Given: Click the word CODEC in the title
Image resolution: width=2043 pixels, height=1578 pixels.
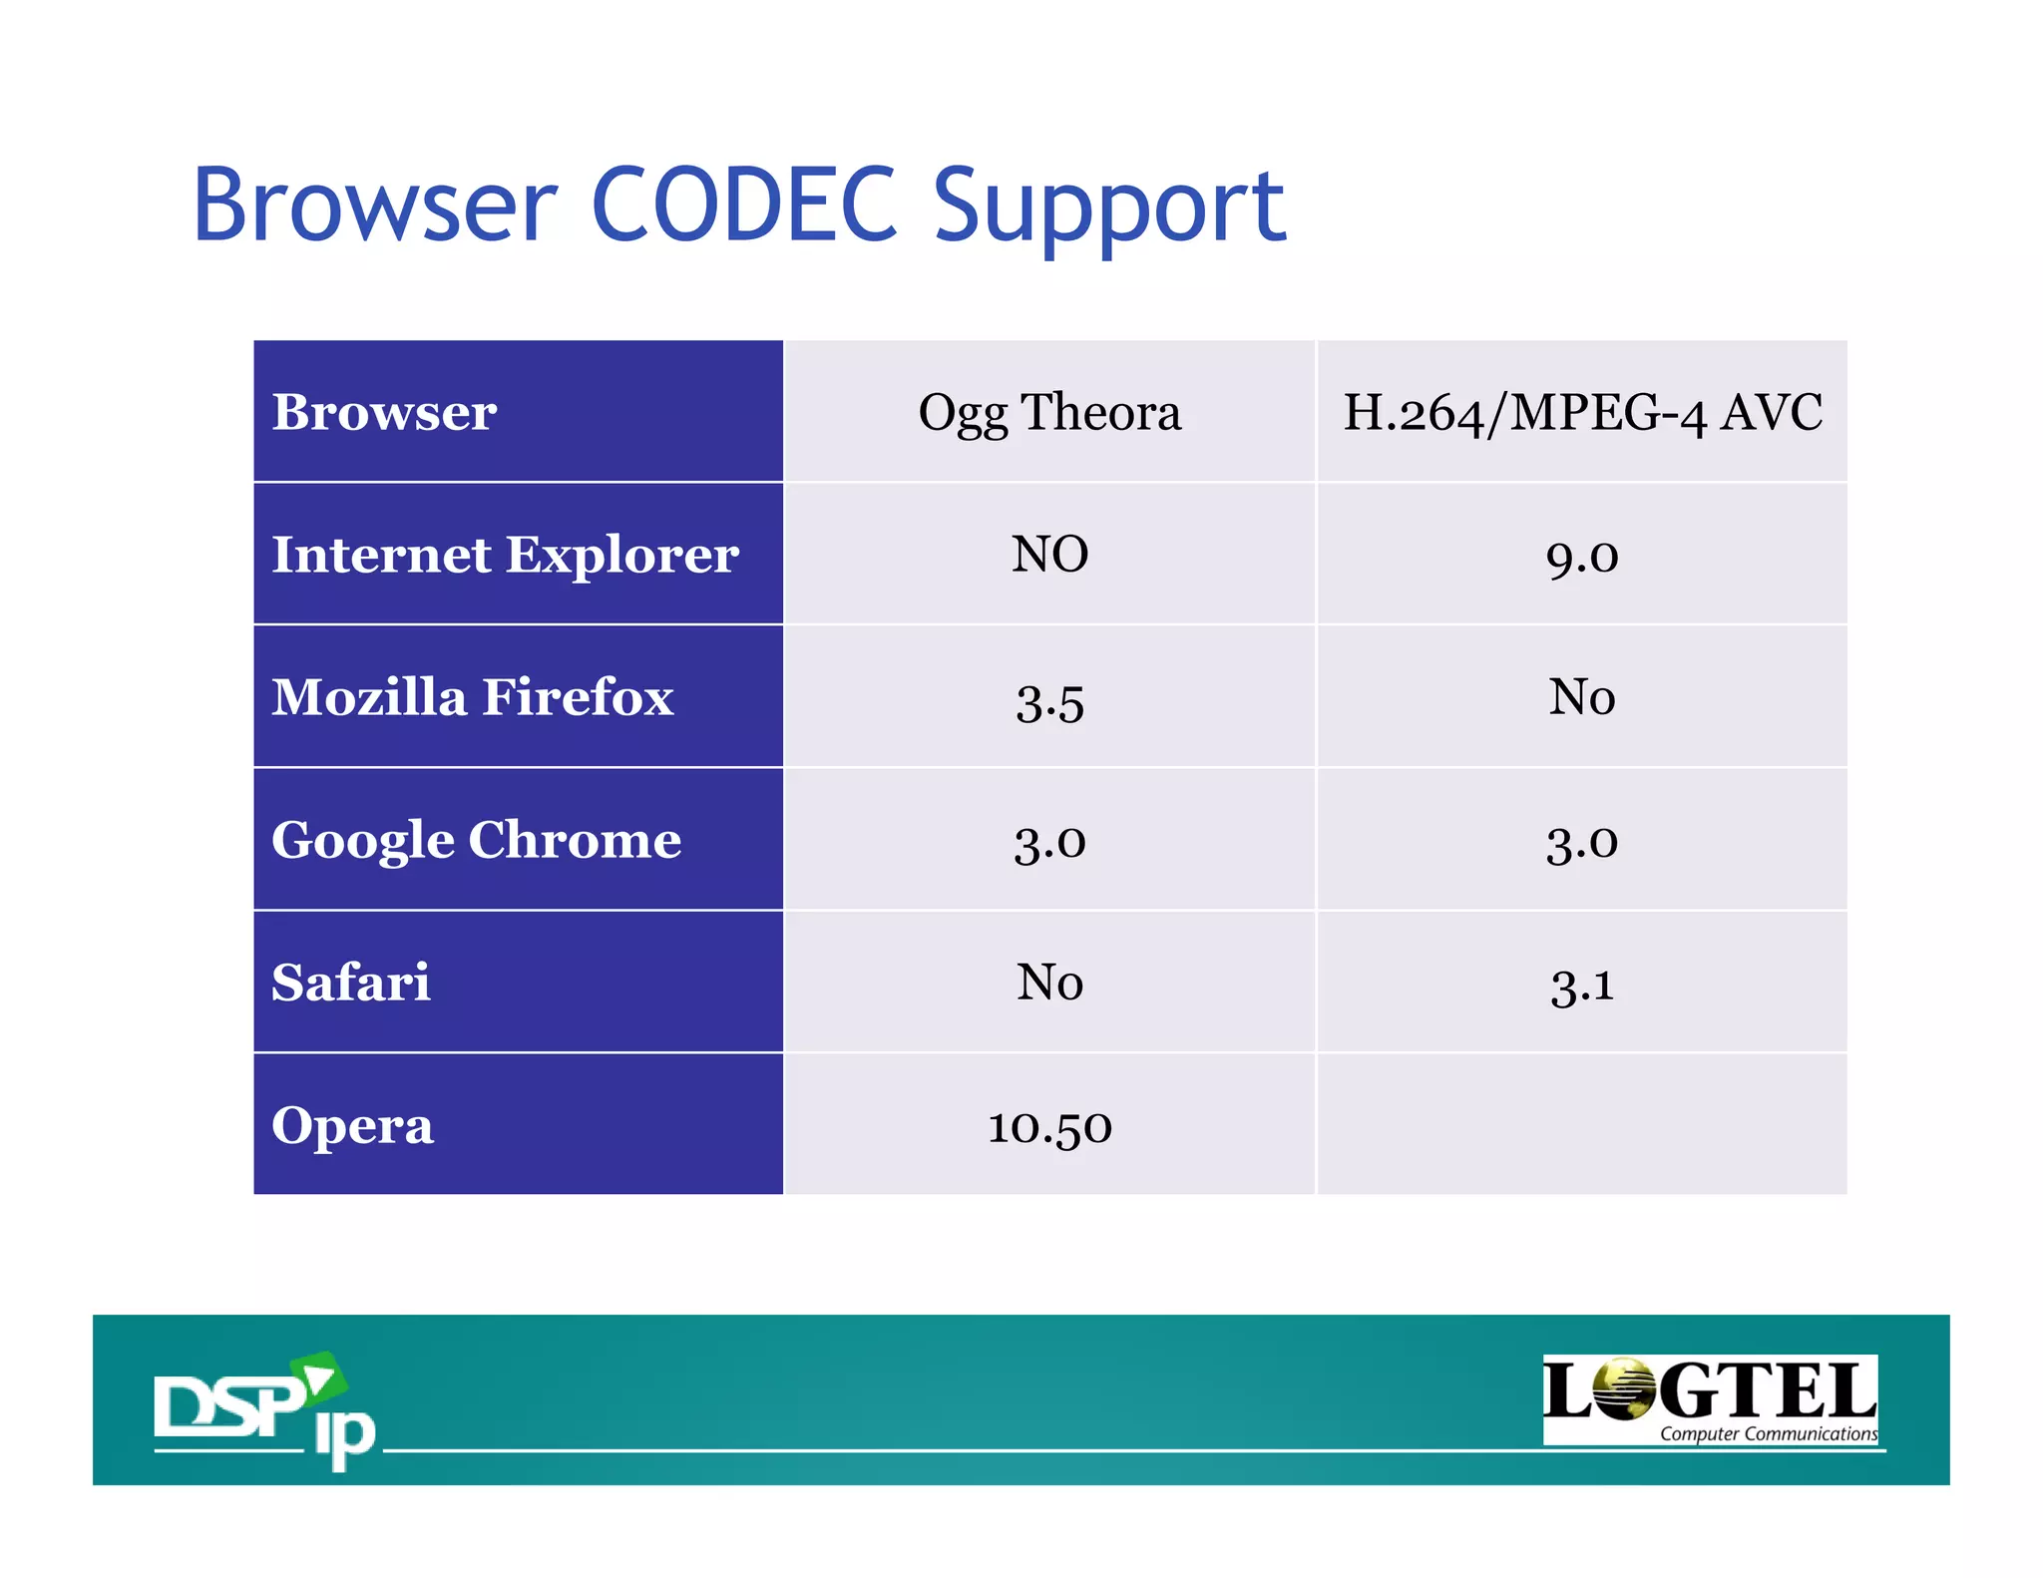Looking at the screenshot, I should click(744, 205).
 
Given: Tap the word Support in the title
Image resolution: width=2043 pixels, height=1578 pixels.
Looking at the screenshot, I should click(1109, 207).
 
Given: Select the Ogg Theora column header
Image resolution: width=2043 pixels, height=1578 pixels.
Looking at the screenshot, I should click(1049, 412).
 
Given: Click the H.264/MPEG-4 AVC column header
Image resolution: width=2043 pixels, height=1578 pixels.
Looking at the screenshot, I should click(1582, 412).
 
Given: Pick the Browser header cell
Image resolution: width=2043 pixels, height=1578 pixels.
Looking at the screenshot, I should click(384, 412).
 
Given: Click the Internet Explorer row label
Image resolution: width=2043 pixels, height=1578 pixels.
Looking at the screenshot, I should click(505, 555).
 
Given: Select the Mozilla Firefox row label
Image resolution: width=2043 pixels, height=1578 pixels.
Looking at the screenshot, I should click(473, 697).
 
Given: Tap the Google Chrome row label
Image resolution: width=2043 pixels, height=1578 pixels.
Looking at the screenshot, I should click(476, 840).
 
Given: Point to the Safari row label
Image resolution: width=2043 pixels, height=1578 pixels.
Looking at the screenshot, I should click(351, 983).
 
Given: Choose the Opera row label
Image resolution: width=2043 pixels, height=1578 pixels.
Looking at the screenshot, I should click(352, 1125).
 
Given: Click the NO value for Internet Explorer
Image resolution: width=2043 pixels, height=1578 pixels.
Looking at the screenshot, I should click(1049, 555).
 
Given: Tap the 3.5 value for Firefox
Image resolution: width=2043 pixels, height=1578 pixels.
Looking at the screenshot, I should click(1049, 700).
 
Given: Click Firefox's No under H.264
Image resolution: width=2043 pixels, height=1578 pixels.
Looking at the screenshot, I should click(1582, 697).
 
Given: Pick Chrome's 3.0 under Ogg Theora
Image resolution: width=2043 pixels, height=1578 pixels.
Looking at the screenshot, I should click(1049, 843).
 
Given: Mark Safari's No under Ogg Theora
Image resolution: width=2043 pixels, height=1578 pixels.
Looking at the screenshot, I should click(1049, 983).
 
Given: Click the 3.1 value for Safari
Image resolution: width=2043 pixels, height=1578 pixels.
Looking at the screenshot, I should click(1582, 986).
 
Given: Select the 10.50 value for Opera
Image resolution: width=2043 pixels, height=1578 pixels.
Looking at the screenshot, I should click(1049, 1128).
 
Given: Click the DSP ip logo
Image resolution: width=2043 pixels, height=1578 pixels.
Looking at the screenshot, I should click(264, 1408).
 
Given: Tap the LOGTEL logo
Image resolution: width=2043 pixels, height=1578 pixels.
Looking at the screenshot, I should click(1710, 1398).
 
